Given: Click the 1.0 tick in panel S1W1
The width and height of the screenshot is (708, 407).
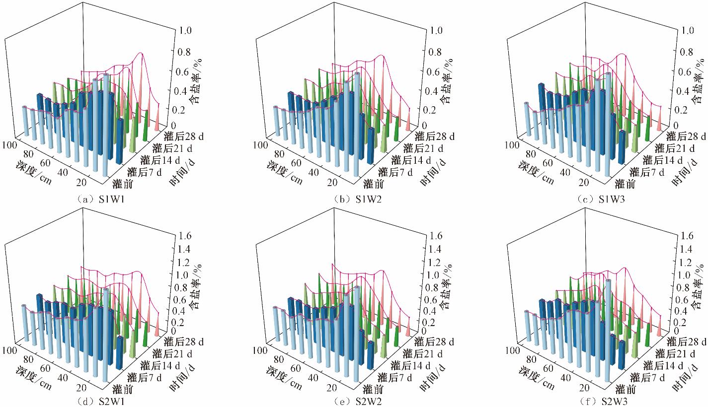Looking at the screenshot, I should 186,31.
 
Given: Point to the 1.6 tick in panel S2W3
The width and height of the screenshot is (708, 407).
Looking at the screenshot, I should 688,235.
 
